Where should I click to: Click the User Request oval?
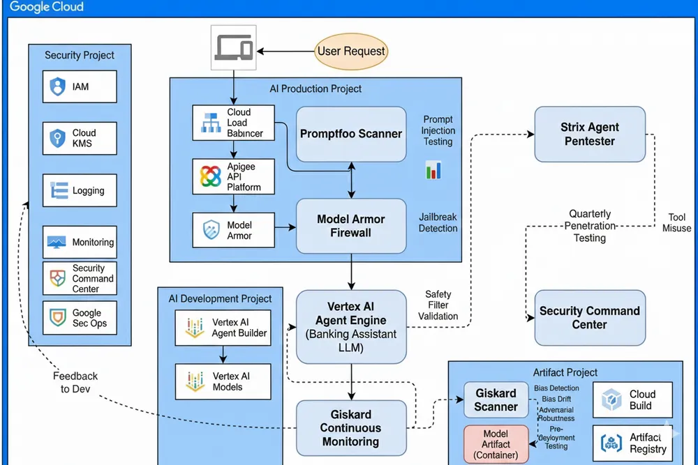[x=350, y=51]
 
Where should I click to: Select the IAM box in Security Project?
[x=80, y=87]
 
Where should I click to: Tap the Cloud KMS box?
[x=80, y=138]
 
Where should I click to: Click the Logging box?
[x=80, y=190]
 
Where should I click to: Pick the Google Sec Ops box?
[x=80, y=319]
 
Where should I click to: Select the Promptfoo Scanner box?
[x=351, y=134]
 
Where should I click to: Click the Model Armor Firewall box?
[x=351, y=226]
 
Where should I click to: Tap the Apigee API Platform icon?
[x=211, y=177]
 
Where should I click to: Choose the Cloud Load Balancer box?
[x=233, y=123]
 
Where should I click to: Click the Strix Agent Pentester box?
[x=590, y=134]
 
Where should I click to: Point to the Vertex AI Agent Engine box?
[x=351, y=327]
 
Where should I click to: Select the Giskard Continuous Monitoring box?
[x=351, y=428]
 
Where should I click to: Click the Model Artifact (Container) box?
[x=496, y=444]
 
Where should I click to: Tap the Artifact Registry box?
[x=633, y=443]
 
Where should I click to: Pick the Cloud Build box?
[x=633, y=399]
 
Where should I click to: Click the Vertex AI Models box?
[x=223, y=381]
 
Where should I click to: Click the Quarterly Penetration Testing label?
[x=590, y=226]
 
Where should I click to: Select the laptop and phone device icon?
[x=234, y=47]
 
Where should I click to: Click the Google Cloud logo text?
[x=47, y=8]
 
